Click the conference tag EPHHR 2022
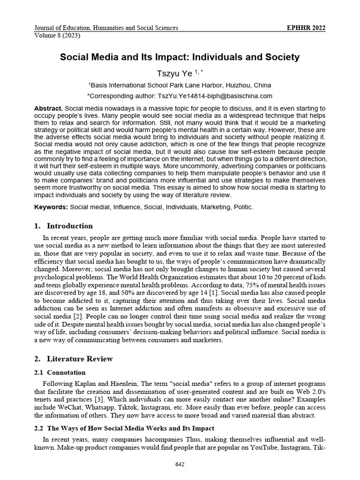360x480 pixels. tap(306, 28)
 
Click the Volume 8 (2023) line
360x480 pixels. tap(54, 35)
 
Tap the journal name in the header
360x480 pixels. tap(106, 28)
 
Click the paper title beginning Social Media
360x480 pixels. tap(180, 57)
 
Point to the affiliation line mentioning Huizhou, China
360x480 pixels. tap(180, 85)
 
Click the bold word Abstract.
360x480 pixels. tap(49, 108)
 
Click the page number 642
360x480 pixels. tap(180, 465)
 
